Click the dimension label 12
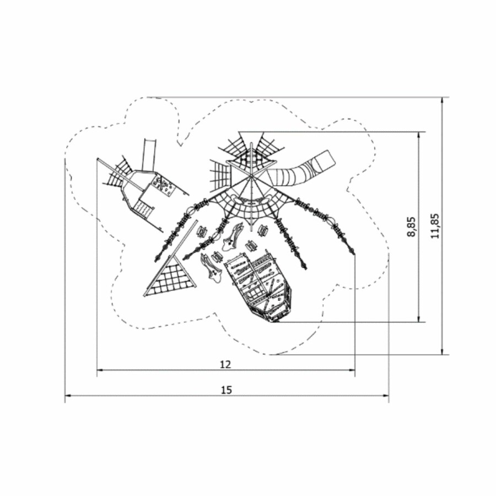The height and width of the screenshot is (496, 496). (225, 364)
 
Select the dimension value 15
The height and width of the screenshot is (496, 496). (227, 390)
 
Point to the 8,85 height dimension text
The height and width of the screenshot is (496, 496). (412, 227)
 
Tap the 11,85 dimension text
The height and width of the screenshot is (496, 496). (435, 226)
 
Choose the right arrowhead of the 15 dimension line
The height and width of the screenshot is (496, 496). (385, 395)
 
